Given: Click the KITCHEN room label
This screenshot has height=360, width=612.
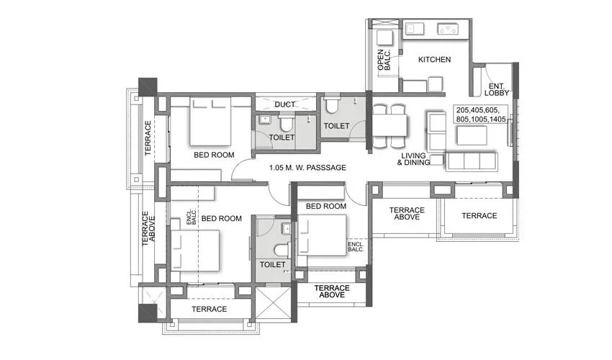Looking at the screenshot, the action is point(434,59).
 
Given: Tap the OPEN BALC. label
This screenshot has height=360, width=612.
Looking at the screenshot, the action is point(384,60).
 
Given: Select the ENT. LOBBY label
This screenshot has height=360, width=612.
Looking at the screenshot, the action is point(497,89).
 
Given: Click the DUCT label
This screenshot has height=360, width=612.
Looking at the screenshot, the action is point(284,104).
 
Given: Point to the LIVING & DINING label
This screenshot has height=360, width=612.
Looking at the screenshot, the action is point(413,159).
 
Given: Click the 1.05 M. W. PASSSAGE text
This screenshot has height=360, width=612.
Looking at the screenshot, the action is point(307,168).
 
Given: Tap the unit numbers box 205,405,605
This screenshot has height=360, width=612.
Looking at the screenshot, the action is point(481,114).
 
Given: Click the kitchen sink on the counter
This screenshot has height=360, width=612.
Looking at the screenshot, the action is point(415,29).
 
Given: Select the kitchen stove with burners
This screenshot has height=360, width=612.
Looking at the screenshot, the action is point(448,29).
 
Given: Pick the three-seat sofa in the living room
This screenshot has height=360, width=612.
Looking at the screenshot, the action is point(472,161).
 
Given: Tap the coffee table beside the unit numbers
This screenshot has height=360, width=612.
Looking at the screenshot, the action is point(472,135).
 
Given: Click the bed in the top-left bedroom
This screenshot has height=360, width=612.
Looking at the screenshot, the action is point(210,122).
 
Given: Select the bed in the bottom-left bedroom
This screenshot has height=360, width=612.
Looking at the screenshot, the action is point(195,251).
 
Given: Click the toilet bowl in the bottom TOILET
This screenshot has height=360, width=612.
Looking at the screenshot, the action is point(281,249).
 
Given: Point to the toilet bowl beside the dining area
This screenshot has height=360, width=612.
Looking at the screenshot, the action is point(333,104).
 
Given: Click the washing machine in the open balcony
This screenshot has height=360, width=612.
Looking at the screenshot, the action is point(384,38).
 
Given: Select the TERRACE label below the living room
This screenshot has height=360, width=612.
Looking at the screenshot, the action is point(480,215).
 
